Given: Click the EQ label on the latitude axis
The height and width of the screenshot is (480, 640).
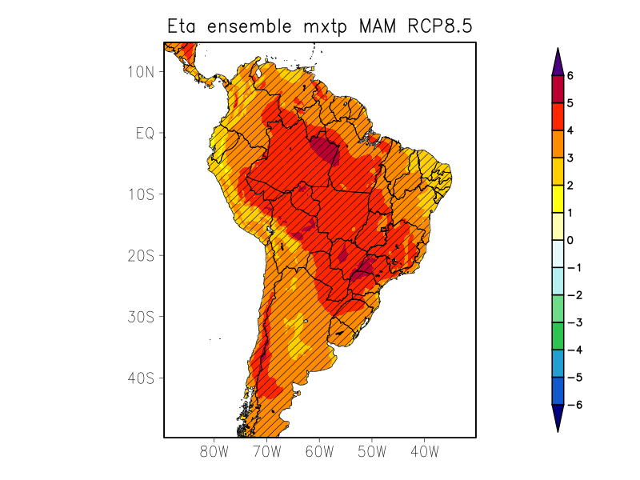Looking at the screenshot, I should point(144,133).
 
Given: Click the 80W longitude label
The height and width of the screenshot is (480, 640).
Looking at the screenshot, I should point(214,451).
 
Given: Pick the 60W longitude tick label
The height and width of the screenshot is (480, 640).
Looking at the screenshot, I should point(319,451).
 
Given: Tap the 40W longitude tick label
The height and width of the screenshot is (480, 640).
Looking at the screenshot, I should point(424,451).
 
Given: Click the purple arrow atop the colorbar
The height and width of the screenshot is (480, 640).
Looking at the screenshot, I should point(558,62).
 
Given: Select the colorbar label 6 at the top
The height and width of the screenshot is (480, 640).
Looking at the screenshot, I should point(570,76).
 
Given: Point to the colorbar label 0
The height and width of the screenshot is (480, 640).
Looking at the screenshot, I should point(570,240).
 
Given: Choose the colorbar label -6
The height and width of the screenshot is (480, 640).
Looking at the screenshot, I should point(573,405).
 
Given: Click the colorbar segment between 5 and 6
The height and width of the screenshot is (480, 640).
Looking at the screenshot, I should point(558,90).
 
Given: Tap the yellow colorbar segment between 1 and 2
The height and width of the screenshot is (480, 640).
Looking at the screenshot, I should point(558,199).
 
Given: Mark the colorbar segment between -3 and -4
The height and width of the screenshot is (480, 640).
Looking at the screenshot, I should point(558,336).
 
